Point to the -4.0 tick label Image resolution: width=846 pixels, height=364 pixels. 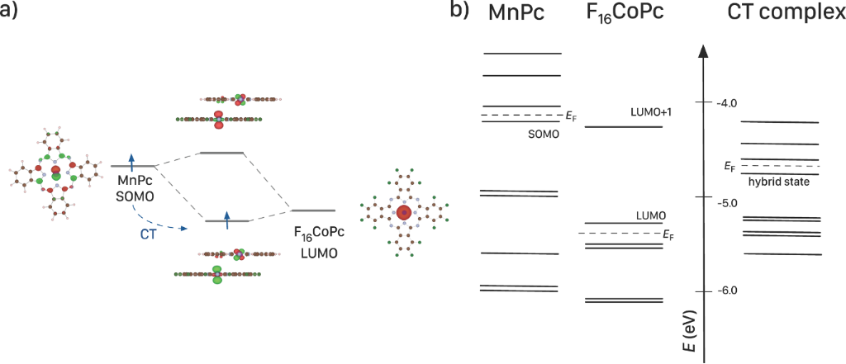728,102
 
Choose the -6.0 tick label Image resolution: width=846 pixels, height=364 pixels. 728,291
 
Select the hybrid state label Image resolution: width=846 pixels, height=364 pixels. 778,182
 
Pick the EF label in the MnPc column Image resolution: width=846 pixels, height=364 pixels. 570,116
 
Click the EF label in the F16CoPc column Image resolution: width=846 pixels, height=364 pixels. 669,234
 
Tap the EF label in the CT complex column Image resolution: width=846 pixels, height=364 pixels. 729,167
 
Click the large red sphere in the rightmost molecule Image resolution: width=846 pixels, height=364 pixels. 404,212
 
